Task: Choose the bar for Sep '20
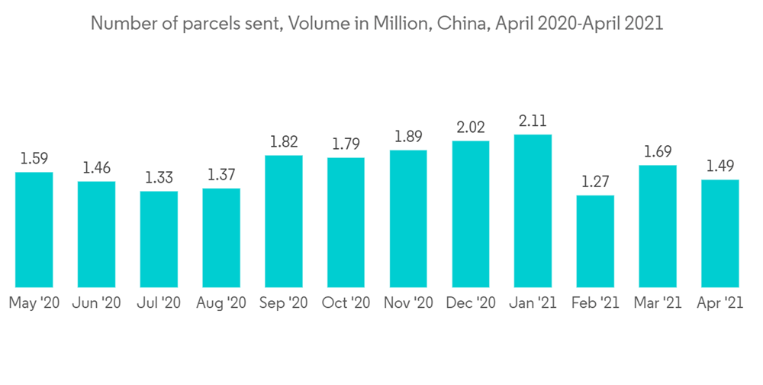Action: point(284,221)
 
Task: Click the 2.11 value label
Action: point(533,121)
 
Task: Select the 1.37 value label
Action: point(221,174)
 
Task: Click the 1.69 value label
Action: point(658,151)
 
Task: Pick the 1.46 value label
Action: point(96,167)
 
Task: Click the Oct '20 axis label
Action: point(346,303)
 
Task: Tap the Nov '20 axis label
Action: point(409,303)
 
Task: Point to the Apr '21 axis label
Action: point(720,303)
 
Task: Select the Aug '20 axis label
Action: point(221,303)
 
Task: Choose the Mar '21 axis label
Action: point(658,303)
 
